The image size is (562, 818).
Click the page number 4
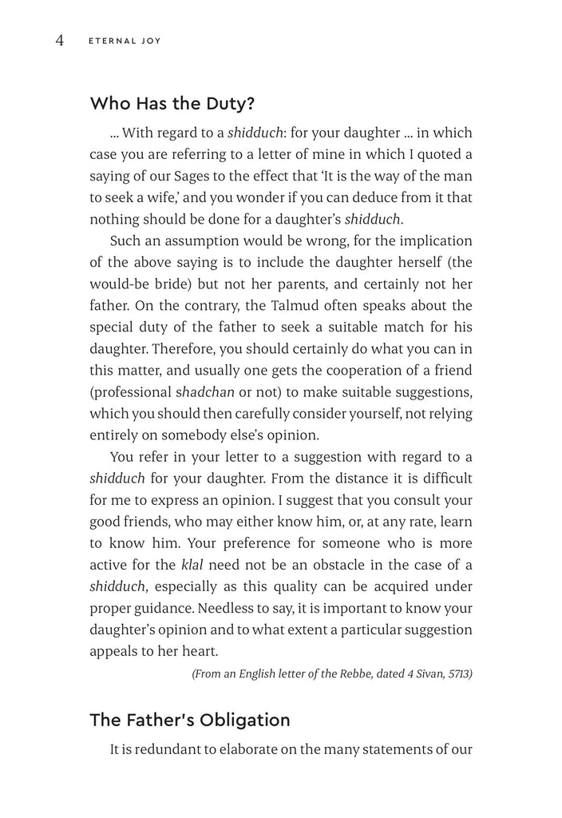59,41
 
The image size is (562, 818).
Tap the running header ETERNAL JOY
124,42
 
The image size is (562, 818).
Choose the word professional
132,392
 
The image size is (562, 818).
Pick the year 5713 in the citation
457,674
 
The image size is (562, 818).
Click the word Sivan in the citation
422,674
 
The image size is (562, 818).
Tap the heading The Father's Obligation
190,720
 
